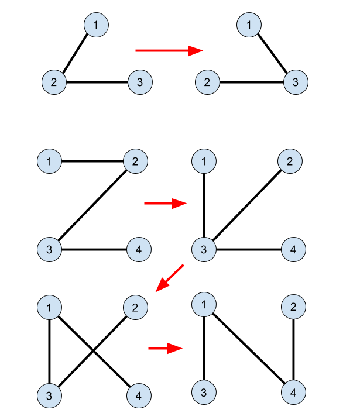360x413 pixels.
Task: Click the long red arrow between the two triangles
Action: (x=169, y=51)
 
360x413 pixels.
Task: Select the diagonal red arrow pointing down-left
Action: (x=170, y=278)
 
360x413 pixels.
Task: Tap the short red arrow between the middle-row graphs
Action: (x=165, y=204)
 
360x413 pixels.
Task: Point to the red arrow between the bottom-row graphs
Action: (x=166, y=349)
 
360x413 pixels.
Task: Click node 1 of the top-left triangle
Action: (x=96, y=25)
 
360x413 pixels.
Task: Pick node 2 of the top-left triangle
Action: (x=54, y=82)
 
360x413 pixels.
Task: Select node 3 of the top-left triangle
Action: (x=140, y=82)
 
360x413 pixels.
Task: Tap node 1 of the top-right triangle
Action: (x=249, y=25)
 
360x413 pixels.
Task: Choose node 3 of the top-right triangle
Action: (x=296, y=82)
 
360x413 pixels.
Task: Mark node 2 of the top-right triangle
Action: (x=207, y=82)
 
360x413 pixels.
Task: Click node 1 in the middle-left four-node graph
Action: (x=49, y=161)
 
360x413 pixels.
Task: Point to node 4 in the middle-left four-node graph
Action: (x=139, y=250)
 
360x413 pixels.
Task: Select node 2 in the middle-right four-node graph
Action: (x=290, y=161)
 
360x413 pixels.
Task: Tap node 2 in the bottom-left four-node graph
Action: (x=135, y=307)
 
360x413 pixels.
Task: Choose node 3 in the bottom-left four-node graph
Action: (x=49, y=396)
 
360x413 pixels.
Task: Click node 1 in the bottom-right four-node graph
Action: (x=204, y=304)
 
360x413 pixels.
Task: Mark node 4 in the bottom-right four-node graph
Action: (x=293, y=393)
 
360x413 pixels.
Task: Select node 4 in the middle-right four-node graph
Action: (x=293, y=250)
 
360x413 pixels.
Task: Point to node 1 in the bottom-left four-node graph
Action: (x=49, y=307)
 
